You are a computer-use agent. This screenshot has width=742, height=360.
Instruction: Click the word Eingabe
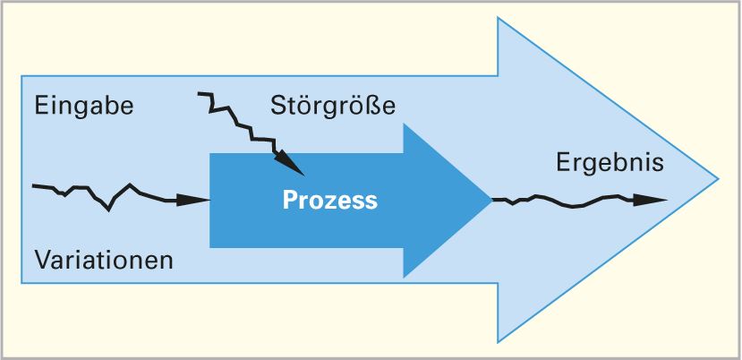(84, 107)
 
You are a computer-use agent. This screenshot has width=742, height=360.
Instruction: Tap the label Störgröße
(332, 107)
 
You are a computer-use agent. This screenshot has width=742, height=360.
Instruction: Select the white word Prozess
(330, 200)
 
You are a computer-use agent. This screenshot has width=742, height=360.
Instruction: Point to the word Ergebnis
(610, 163)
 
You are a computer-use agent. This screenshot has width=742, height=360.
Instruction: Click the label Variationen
(104, 261)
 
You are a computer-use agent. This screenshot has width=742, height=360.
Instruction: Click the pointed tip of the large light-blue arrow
(718, 178)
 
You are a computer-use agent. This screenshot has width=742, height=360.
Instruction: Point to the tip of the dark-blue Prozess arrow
(490, 200)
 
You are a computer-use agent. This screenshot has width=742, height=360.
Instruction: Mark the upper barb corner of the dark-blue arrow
(404, 124)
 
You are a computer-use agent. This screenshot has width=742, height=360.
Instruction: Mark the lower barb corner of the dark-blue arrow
(404, 277)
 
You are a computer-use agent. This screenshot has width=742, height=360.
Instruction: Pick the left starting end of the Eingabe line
(33, 186)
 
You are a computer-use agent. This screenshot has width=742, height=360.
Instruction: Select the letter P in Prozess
(290, 200)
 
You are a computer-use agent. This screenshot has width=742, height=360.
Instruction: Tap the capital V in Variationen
(42, 261)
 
